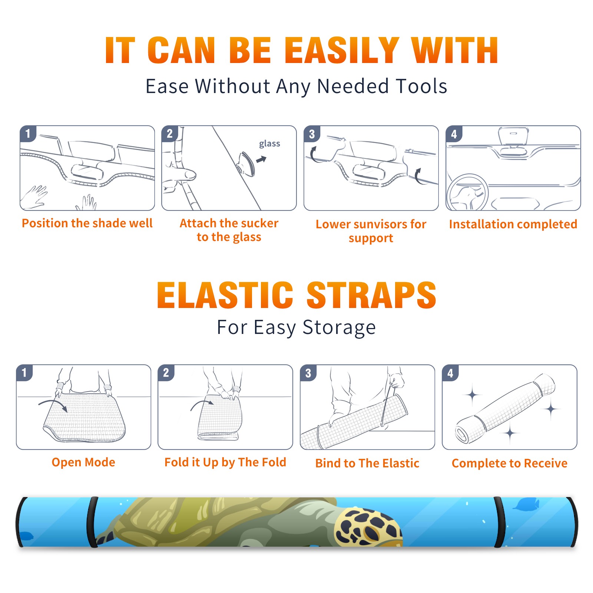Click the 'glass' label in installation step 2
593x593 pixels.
pos(269,144)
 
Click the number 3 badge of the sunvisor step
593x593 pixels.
pos(312,134)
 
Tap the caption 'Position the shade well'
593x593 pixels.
pos(87,223)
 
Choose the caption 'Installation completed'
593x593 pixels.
pos(513,224)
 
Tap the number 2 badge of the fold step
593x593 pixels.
pos(166,373)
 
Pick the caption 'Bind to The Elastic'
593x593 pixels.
pos(367,463)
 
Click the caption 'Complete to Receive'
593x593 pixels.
pos(510,463)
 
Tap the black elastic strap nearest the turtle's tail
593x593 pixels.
pos(92,522)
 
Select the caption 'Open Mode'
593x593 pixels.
pos(83,462)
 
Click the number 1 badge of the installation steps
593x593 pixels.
pos(28,133)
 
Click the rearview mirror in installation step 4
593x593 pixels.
pos(513,136)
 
